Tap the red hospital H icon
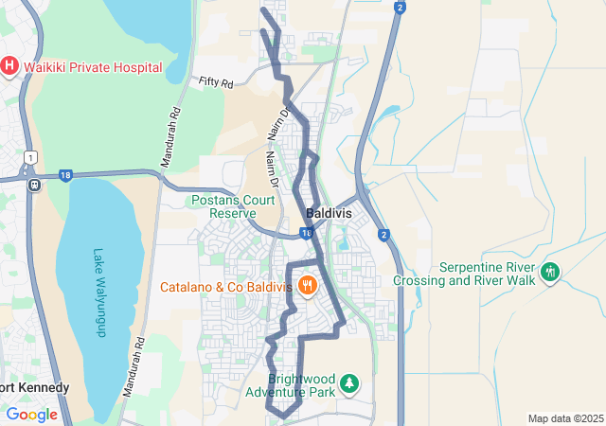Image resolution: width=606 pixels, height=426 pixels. [9, 65]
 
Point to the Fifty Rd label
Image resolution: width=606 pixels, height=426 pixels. [216, 83]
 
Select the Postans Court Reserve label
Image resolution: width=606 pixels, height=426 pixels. [231, 206]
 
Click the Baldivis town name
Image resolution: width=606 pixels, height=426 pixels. [329, 214]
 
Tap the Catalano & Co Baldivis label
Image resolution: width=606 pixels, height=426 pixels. [225, 286]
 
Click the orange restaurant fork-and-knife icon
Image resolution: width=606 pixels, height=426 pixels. [307, 285]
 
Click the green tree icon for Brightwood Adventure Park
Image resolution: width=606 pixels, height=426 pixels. [350, 383]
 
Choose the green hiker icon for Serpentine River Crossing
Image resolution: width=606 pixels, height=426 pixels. [549, 274]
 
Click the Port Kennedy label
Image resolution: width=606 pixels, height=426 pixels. [35, 388]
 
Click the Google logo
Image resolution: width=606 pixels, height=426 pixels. [31, 415]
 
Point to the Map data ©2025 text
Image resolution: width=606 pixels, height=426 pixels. [565, 418]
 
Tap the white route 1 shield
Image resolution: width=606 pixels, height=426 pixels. [31, 157]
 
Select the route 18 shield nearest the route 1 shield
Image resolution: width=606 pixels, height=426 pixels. [64, 175]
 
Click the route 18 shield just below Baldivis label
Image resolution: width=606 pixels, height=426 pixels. [306, 232]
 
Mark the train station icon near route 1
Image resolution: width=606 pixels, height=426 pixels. [34, 184]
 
